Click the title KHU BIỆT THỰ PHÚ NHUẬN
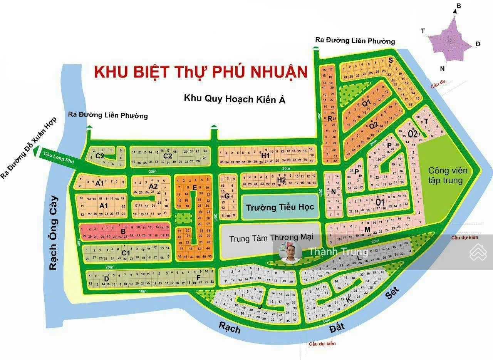click(x=201, y=72)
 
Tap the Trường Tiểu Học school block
click(x=280, y=207)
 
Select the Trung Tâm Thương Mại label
click(x=270, y=238)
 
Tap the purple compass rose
click(x=450, y=40)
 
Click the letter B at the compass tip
click(x=459, y=5)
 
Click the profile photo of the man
click(x=290, y=253)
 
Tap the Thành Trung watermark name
click(x=338, y=252)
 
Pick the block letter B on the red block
click(x=123, y=231)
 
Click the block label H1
click(x=265, y=156)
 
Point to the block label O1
click(x=380, y=201)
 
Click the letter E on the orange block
click(x=195, y=188)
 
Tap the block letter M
click(x=367, y=229)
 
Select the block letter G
click(x=227, y=196)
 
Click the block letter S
click(x=390, y=60)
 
